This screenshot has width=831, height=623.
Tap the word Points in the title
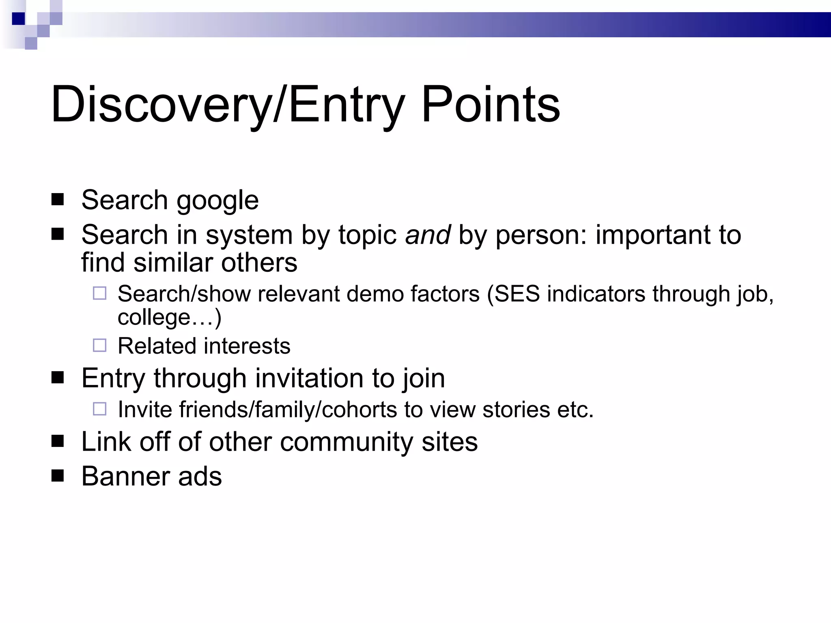491,104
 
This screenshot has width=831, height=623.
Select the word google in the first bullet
217,200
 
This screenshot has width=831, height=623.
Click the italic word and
428,235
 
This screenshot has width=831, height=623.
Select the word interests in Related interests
247,346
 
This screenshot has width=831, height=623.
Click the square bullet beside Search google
58,200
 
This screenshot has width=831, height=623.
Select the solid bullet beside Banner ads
58,475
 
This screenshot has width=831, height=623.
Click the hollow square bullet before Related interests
99,345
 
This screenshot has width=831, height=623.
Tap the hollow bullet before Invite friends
99,409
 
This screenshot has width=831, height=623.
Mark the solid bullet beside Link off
58,441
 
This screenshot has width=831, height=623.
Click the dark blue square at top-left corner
18,18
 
